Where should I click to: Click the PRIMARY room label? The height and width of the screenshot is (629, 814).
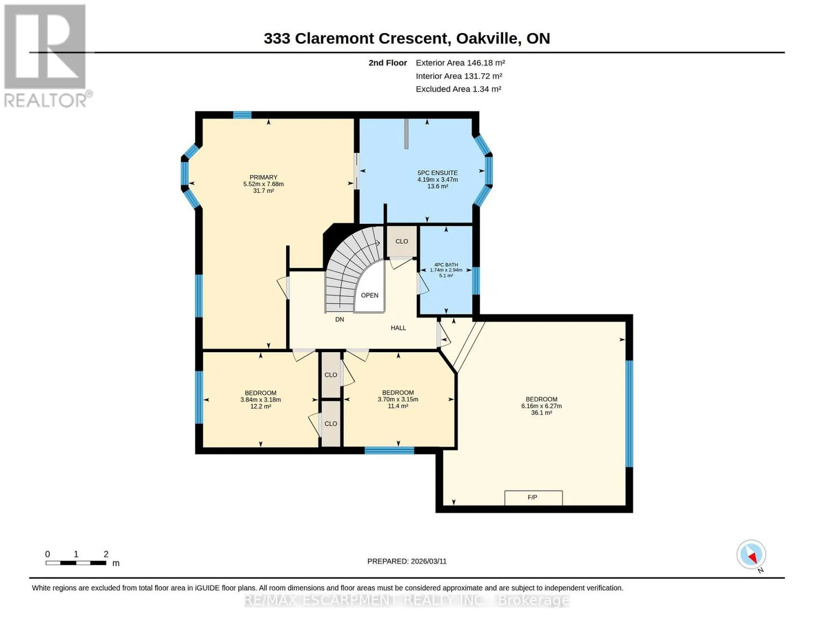tap(263, 177)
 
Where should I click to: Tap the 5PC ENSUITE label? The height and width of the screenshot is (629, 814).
tap(438, 172)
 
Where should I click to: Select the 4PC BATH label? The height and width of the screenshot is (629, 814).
tap(446, 265)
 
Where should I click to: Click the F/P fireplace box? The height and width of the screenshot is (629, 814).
tap(534, 497)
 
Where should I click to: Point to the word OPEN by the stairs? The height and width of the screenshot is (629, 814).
tap(370, 295)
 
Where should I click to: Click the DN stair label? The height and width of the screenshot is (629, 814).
tap(340, 319)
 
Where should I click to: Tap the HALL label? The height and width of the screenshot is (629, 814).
tap(398, 328)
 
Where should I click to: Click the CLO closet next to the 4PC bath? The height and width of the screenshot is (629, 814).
tap(401, 241)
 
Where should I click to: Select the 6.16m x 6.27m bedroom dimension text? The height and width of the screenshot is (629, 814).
tap(541, 406)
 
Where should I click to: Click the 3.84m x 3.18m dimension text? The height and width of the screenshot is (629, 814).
tap(261, 399)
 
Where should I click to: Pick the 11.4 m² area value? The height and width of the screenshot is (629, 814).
tap(398, 406)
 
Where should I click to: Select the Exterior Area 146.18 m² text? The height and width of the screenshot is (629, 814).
tap(460, 62)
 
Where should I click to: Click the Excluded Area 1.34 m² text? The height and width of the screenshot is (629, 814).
tap(459, 89)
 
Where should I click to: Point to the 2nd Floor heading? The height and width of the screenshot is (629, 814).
tap(388, 62)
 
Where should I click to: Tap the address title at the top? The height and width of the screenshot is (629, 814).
tap(407, 38)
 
